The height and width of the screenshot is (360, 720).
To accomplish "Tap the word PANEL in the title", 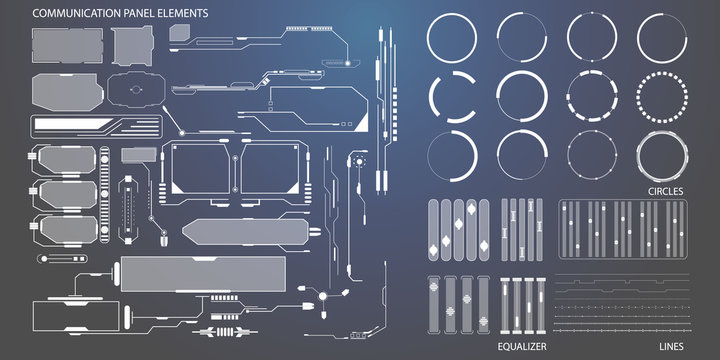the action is (x=140, y=14).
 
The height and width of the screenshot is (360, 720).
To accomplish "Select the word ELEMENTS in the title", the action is (x=185, y=14).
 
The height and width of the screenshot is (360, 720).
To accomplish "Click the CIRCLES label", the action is (x=664, y=189).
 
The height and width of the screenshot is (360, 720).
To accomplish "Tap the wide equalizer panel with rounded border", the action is (x=621, y=230).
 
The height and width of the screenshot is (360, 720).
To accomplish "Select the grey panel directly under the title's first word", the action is (x=67, y=45).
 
